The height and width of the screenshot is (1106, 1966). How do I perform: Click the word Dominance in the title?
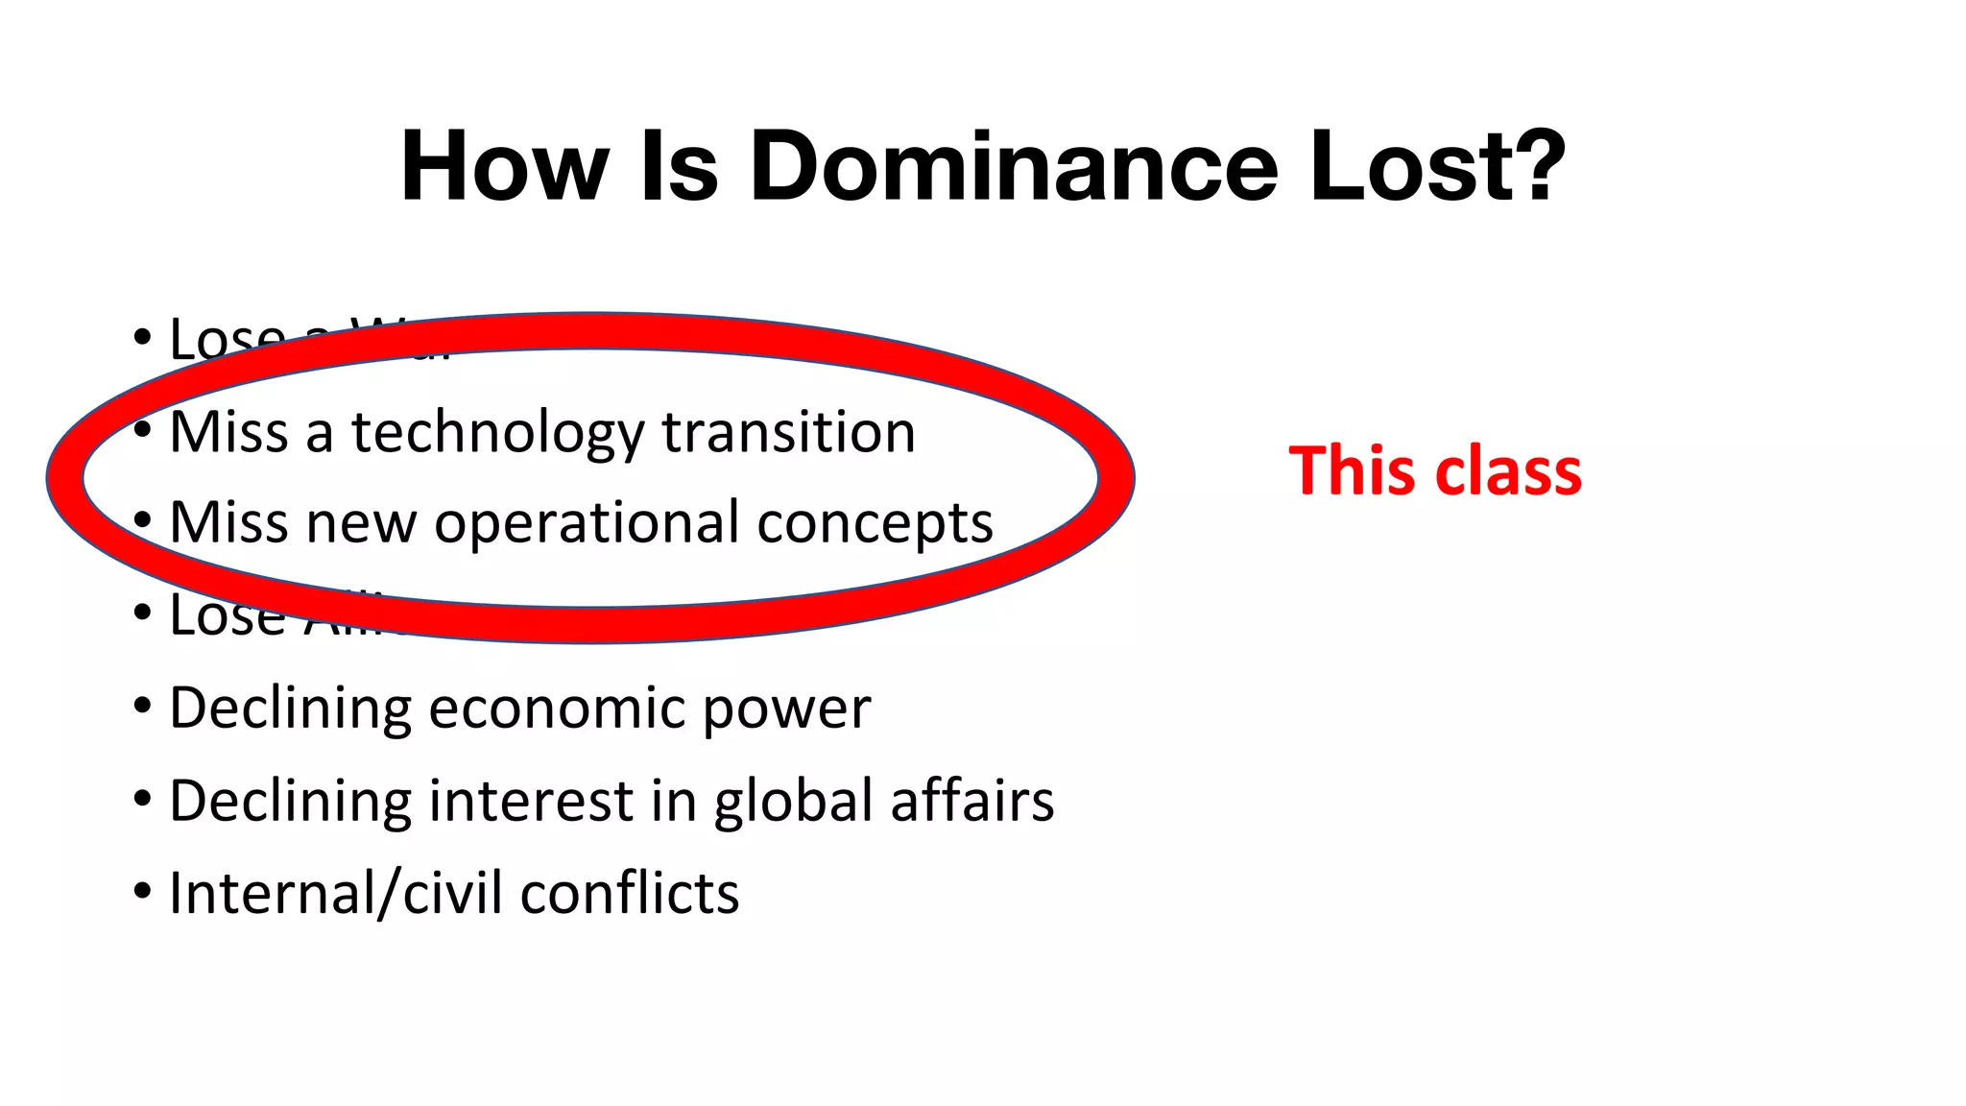coord(1014,167)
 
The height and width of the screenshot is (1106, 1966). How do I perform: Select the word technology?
coord(497,433)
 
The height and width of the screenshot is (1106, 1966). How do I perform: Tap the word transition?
coord(788,433)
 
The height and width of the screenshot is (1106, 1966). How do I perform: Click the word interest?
coord(531,802)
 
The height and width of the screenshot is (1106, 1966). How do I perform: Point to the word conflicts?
coord(630,894)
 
